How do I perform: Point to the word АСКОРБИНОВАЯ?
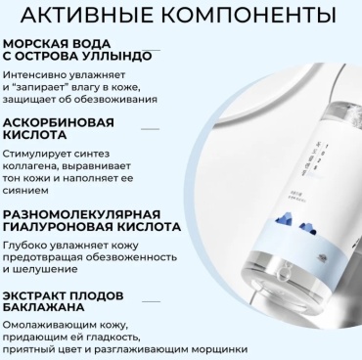point(59,122)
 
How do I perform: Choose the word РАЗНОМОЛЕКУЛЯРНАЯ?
point(82,214)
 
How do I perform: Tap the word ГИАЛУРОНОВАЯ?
point(57,227)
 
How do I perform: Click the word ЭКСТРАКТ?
point(34,295)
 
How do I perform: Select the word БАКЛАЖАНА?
point(44,307)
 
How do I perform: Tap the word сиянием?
point(25,190)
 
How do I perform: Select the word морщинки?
point(219,350)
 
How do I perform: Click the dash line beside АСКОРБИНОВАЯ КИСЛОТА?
point(150,129)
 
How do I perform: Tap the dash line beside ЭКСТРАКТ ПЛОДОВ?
point(151,301)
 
